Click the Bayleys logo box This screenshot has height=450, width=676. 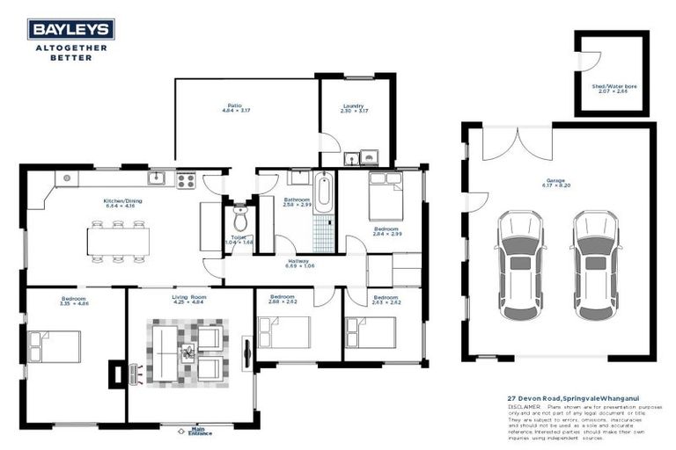(70, 30)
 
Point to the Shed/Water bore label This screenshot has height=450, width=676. (614, 87)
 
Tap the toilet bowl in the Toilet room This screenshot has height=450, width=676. (239, 218)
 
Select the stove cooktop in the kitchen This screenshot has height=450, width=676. (186, 180)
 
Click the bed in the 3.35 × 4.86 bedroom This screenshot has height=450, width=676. (55, 346)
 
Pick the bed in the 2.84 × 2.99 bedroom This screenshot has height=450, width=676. (385, 198)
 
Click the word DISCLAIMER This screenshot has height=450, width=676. (525, 407)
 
